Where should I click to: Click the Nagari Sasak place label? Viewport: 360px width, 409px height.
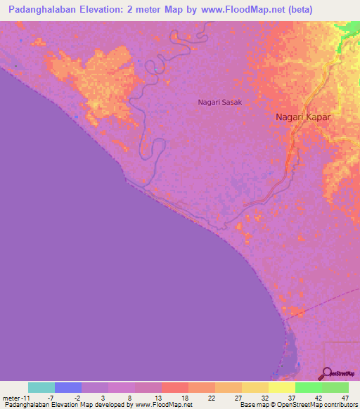click(x=219, y=103)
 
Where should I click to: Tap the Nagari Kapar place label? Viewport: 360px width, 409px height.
click(x=302, y=117)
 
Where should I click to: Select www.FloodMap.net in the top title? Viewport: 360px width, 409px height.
click(x=238, y=10)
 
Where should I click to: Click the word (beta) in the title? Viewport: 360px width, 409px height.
click(x=297, y=10)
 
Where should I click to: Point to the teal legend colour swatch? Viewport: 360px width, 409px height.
click(x=41, y=387)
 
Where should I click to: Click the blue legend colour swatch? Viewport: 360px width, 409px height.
click(x=68, y=387)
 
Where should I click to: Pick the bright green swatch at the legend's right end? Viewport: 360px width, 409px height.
click(x=335, y=387)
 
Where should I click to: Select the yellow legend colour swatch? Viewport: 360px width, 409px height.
click(x=282, y=387)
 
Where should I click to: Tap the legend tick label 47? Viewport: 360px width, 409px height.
click(x=345, y=398)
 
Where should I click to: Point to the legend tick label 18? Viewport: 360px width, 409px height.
click(x=184, y=398)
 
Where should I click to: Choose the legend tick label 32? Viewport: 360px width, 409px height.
click(x=264, y=398)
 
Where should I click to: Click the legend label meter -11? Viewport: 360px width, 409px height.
click(x=15, y=398)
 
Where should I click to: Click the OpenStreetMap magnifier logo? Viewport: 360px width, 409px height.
click(x=326, y=373)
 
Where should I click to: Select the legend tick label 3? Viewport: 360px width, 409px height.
click(x=103, y=398)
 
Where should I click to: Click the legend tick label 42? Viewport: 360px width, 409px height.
click(x=318, y=398)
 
